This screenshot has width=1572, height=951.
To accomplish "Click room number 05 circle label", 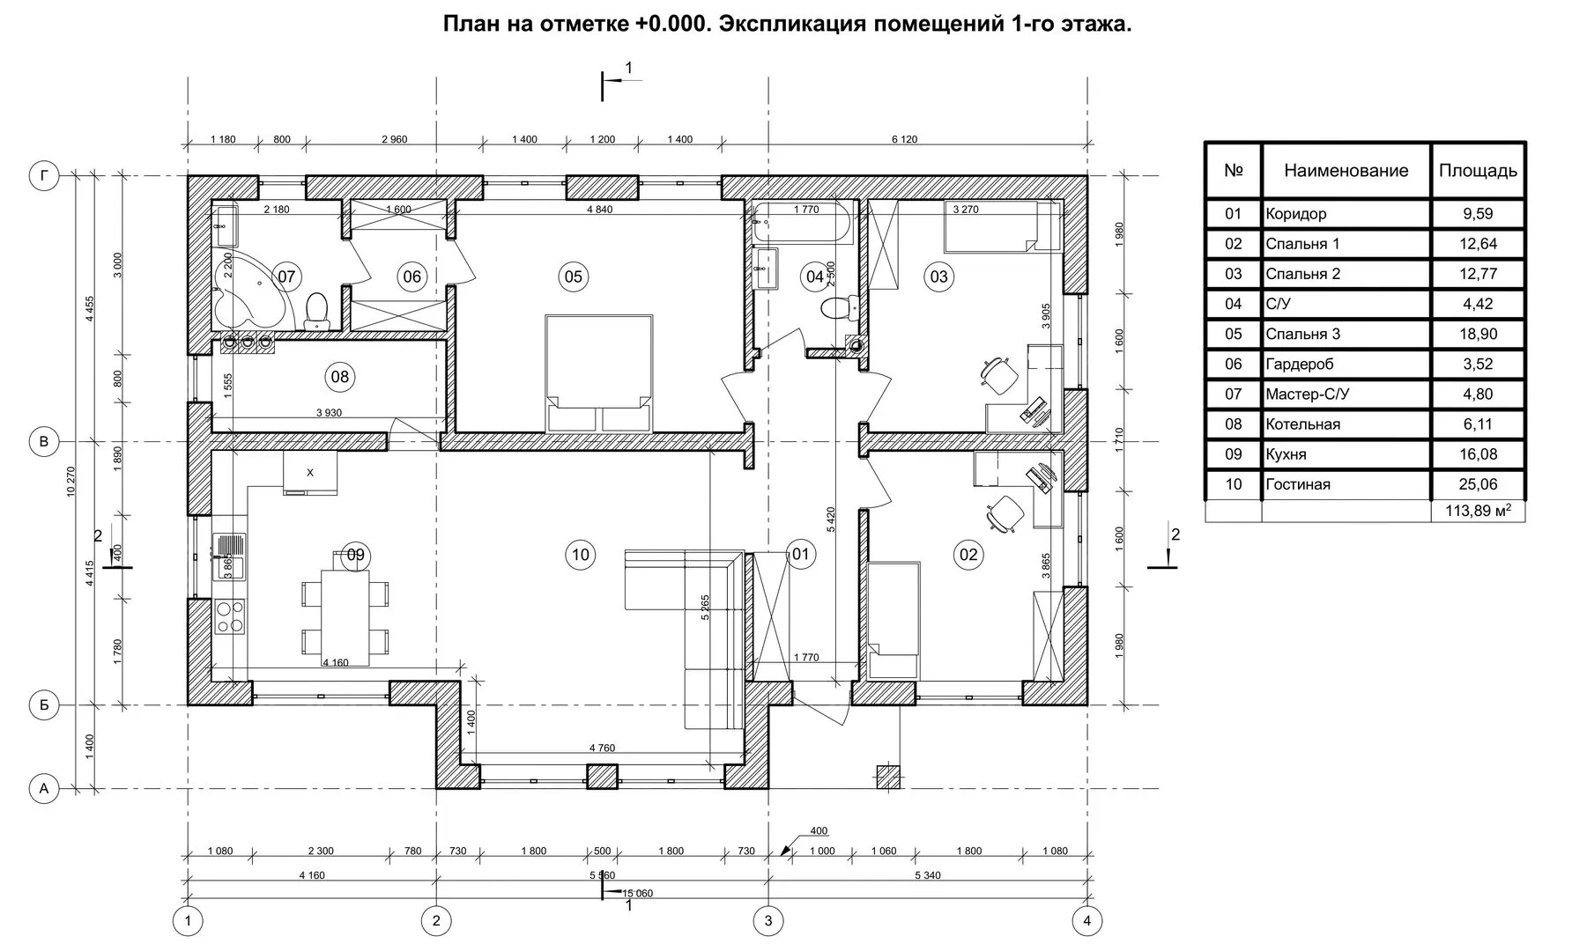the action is tap(573, 276).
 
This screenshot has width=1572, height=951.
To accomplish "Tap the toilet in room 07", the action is tap(315, 312).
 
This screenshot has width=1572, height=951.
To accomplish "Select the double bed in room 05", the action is tap(599, 372).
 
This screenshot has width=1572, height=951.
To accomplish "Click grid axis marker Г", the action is tap(44, 176).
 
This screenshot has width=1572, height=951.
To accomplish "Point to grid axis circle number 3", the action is tap(768, 921).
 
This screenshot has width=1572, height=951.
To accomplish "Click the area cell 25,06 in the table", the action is tap(1478, 484).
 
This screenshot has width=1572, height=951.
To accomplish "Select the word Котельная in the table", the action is tap(1302, 424).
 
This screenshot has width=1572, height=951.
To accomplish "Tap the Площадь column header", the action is tap(1478, 170).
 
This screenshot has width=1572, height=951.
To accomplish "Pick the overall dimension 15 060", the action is tap(637, 893).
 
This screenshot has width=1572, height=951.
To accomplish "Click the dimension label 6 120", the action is tap(904, 139).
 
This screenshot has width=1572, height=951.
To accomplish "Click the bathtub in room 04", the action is tap(803, 223).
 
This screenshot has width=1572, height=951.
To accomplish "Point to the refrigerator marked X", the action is tap(310, 474).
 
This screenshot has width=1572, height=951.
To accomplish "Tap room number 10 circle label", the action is tap(580, 554).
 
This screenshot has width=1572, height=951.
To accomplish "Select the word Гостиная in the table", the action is tap(1298, 484).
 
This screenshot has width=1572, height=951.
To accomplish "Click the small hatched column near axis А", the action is tap(889, 777).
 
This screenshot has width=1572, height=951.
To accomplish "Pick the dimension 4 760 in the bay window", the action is tap(602, 748).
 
